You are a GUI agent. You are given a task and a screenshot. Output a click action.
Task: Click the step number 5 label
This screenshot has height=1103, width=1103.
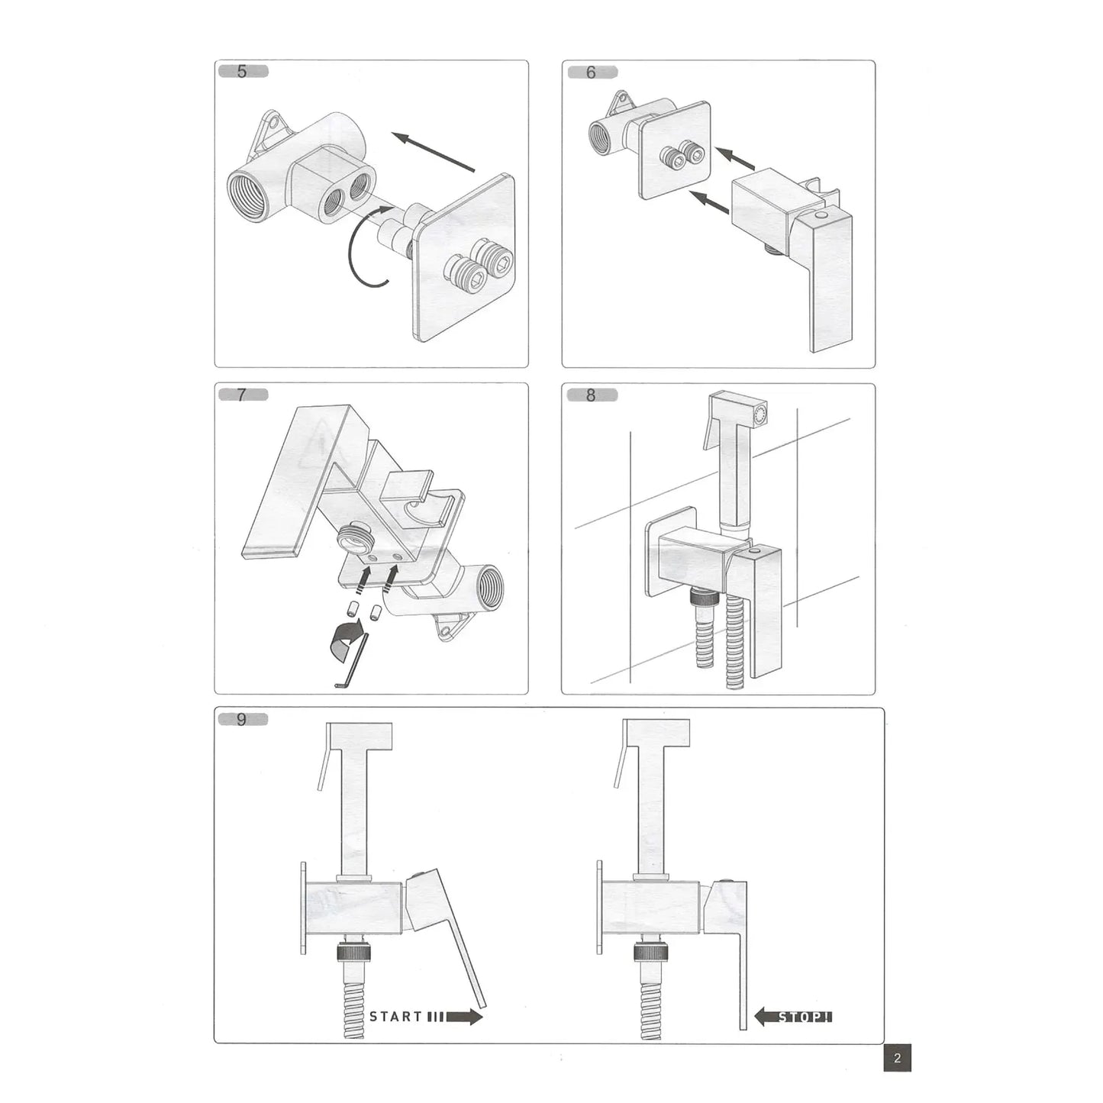[x=242, y=73]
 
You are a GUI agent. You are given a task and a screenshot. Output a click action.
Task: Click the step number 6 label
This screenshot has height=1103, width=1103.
[x=591, y=73]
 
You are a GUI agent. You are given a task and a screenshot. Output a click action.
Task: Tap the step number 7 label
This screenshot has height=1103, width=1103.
[x=242, y=395]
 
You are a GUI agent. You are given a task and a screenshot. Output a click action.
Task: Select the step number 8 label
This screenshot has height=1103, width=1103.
[x=591, y=395]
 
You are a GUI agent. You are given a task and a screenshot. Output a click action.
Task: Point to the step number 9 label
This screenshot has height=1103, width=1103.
[x=242, y=719]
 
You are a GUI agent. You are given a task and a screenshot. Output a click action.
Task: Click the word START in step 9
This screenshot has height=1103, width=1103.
[x=395, y=1016]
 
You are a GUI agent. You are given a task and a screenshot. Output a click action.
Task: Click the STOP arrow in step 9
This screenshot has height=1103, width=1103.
[x=794, y=1016]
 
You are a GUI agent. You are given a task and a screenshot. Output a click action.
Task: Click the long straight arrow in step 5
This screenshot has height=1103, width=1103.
[x=434, y=151]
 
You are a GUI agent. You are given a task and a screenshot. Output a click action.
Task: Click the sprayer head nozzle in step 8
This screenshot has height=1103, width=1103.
[x=760, y=413]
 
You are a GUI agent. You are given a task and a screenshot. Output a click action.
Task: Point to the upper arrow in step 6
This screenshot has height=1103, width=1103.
[x=737, y=158]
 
